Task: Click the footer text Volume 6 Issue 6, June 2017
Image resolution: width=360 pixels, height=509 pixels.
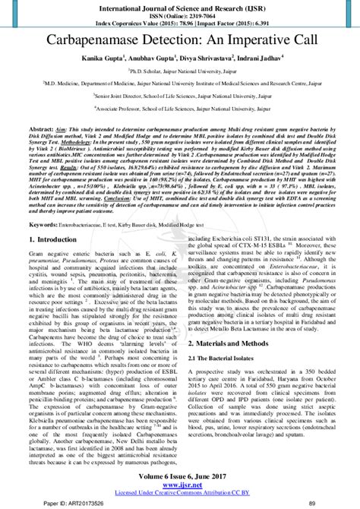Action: [x=180, y=475]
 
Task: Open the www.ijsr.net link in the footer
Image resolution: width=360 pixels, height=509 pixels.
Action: [x=180, y=483]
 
